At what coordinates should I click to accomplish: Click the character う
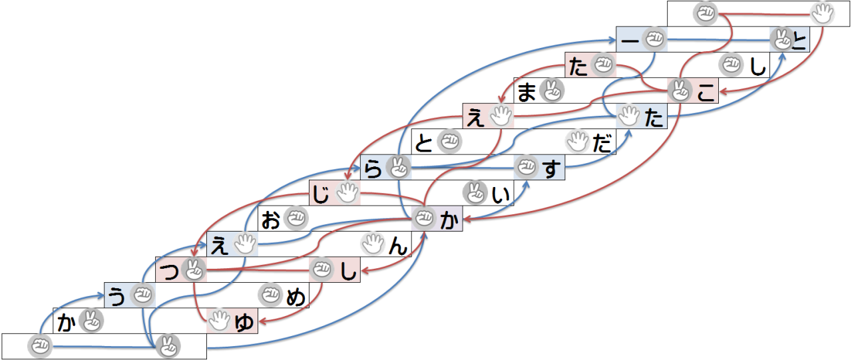[117, 295]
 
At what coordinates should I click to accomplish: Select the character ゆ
[244, 322]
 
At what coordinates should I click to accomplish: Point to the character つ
[169, 270]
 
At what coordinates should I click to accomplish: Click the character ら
[374, 168]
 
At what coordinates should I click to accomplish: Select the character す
[550, 168]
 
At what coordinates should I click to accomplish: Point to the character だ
[601, 143]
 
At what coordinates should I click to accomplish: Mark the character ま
[527, 92]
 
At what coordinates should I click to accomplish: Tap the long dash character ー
[628, 41]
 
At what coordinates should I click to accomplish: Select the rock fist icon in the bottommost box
[40, 346]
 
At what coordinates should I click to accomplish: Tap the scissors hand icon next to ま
[552, 90]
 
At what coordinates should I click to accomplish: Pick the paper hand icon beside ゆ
[219, 321]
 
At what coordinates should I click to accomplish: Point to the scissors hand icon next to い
[475, 192]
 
